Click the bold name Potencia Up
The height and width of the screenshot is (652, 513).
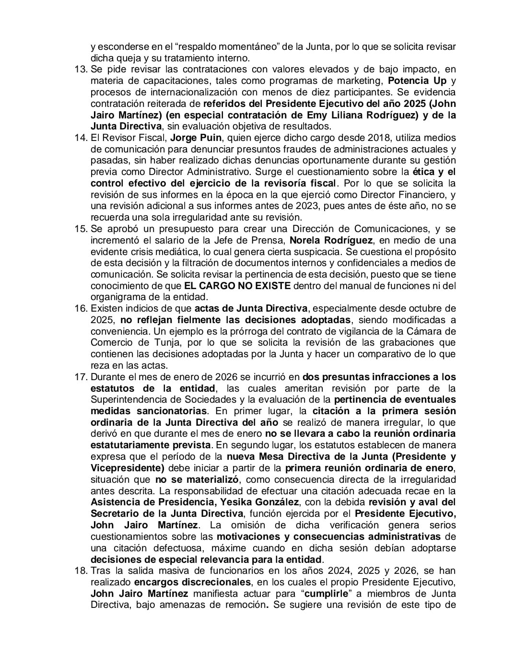pos(417,81)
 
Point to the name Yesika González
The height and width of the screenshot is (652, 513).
pos(259,502)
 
